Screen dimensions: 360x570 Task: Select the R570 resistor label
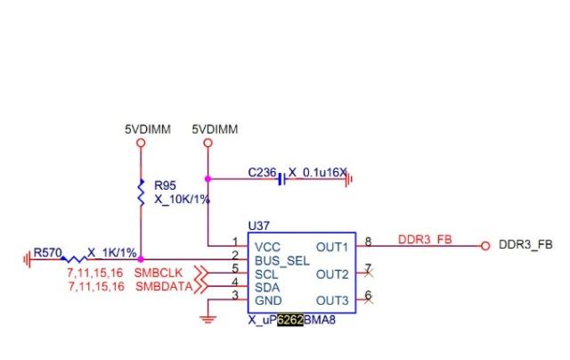[47, 253]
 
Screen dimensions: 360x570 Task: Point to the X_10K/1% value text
[182, 200]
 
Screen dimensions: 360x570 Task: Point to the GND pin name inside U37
[268, 299]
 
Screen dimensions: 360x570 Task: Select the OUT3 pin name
[333, 299]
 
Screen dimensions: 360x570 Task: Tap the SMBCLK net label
[159, 271]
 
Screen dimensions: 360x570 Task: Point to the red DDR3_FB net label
[425, 240]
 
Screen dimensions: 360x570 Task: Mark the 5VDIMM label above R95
[141, 129]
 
